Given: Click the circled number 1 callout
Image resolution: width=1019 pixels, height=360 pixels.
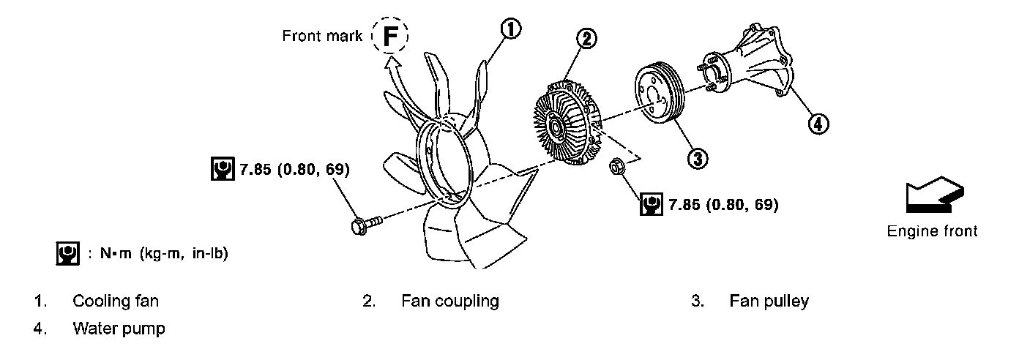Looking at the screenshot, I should point(510,29).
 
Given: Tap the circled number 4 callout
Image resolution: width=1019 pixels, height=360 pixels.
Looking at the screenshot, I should point(818,124).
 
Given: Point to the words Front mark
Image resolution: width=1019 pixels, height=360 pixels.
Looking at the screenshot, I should point(322,36).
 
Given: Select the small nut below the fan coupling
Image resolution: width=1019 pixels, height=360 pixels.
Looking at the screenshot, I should point(616,168).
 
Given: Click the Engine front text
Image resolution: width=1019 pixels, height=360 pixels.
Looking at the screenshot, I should point(932,231).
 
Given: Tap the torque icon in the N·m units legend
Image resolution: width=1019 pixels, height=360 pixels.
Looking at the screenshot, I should point(67,253).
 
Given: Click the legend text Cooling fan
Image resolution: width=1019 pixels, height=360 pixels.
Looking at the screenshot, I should point(116,301).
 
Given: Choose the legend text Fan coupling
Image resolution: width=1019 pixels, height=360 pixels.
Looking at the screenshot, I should point(449,301).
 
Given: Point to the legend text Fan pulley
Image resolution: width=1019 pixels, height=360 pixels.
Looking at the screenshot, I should point(769,301).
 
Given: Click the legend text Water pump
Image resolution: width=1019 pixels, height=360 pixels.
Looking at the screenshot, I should point(119,329).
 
